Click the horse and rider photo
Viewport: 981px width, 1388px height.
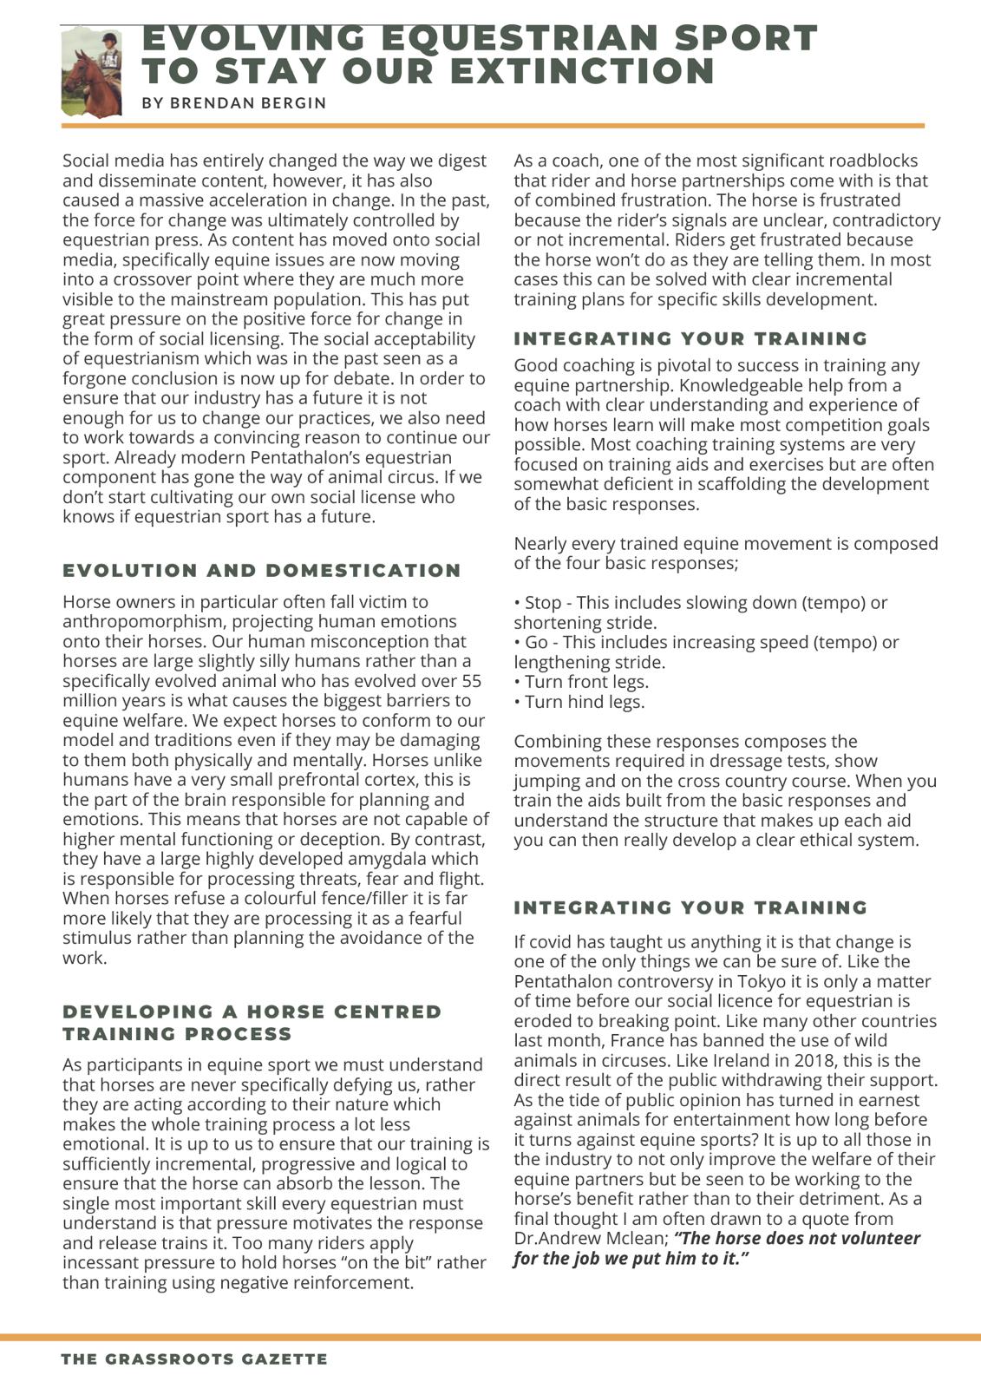coord(91,73)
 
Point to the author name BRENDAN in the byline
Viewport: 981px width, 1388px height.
coord(208,103)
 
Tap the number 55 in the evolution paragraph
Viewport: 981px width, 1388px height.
coord(472,681)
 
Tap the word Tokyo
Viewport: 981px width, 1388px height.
coord(768,981)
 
